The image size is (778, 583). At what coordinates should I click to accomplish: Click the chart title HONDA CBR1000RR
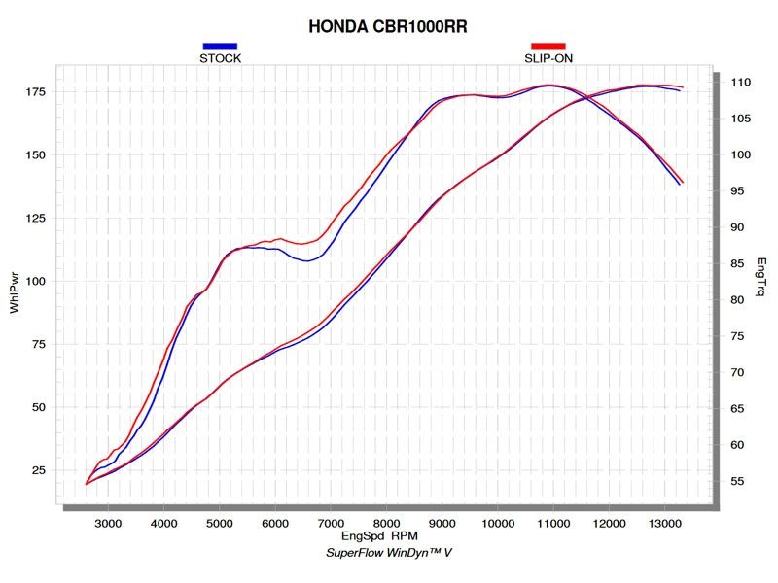tap(387, 27)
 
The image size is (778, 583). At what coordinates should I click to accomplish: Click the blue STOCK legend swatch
tap(220, 46)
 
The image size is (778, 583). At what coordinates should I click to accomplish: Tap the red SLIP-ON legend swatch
tap(548, 46)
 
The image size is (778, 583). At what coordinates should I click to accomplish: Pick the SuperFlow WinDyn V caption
tap(388, 553)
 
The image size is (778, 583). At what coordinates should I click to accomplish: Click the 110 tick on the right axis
tap(740, 83)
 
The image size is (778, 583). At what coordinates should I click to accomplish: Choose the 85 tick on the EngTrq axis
tap(737, 264)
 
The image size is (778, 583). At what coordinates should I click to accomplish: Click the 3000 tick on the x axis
tap(108, 523)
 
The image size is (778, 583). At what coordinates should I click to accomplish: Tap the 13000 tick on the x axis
tap(664, 523)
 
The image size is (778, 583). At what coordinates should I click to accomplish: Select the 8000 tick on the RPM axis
tap(386, 523)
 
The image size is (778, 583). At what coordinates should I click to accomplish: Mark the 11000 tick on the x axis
tap(553, 523)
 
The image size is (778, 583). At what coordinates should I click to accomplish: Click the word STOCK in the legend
tap(220, 58)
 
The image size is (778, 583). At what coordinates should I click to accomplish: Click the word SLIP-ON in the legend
tap(548, 58)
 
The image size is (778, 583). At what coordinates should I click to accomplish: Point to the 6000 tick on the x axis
tap(275, 523)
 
